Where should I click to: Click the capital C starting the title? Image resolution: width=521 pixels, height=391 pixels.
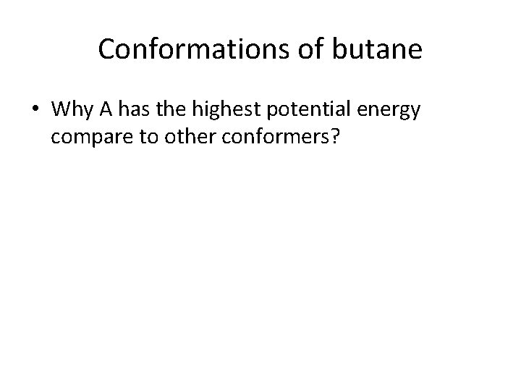106,49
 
